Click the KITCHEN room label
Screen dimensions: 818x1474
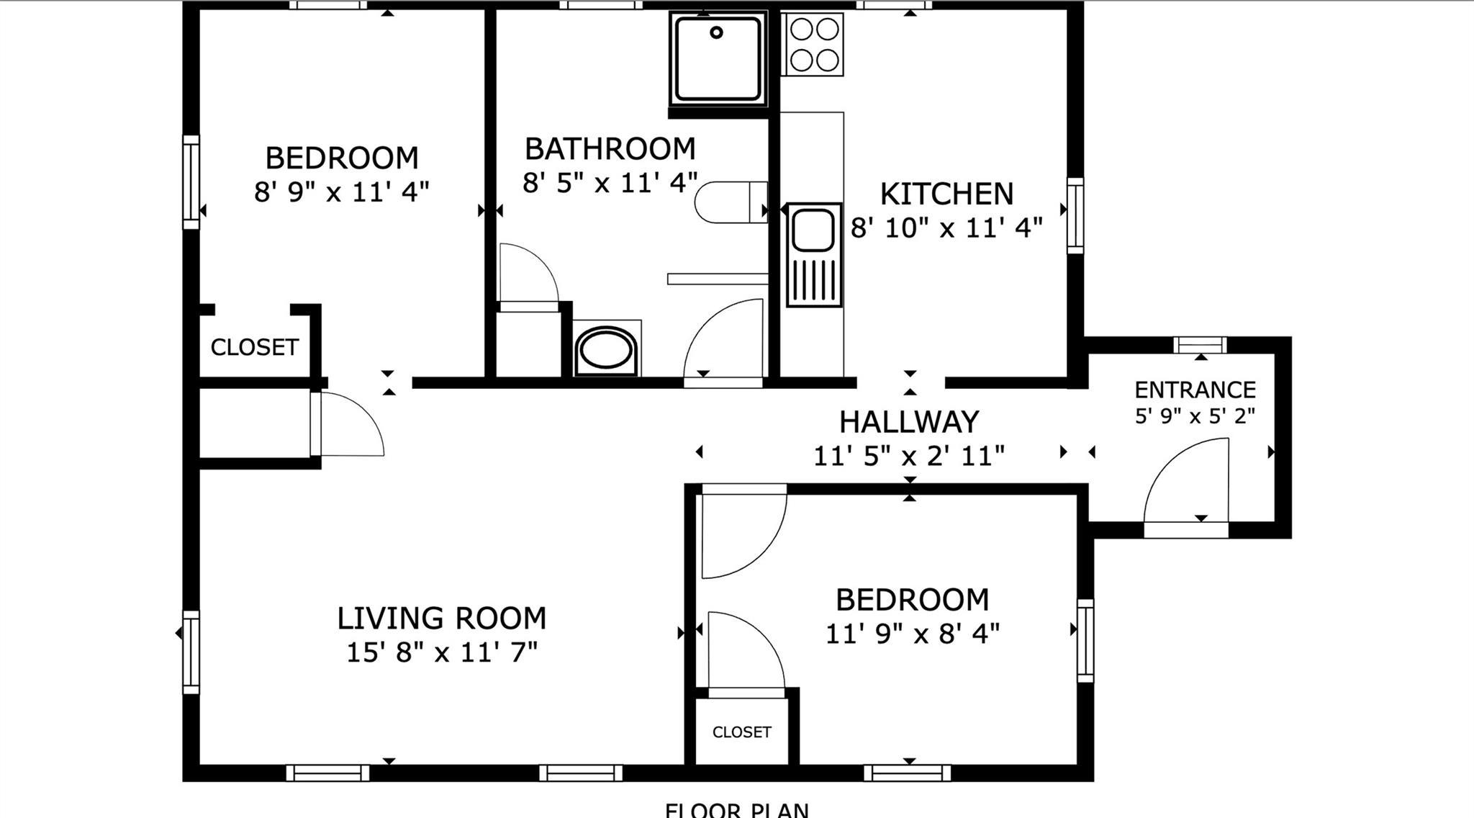(x=946, y=194)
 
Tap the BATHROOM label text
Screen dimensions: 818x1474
(x=610, y=149)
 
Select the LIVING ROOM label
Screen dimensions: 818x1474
(x=441, y=619)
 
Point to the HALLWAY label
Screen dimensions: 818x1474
(x=909, y=422)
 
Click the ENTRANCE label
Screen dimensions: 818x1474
(x=1195, y=390)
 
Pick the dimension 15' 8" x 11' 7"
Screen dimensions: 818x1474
(x=441, y=652)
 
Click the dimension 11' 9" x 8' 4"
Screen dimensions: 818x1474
(x=912, y=634)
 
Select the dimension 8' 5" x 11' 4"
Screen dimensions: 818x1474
(x=610, y=183)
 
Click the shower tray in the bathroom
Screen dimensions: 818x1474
(x=717, y=58)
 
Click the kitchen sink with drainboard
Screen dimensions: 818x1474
(x=814, y=254)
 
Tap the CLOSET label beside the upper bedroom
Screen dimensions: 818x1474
(x=254, y=347)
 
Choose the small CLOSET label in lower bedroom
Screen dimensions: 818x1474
(x=741, y=732)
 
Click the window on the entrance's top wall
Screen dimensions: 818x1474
(x=1200, y=345)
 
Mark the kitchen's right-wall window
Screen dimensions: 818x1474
(x=1075, y=215)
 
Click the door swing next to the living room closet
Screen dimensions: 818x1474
(x=349, y=425)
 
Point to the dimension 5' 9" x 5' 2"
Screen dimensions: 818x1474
(x=1195, y=415)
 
